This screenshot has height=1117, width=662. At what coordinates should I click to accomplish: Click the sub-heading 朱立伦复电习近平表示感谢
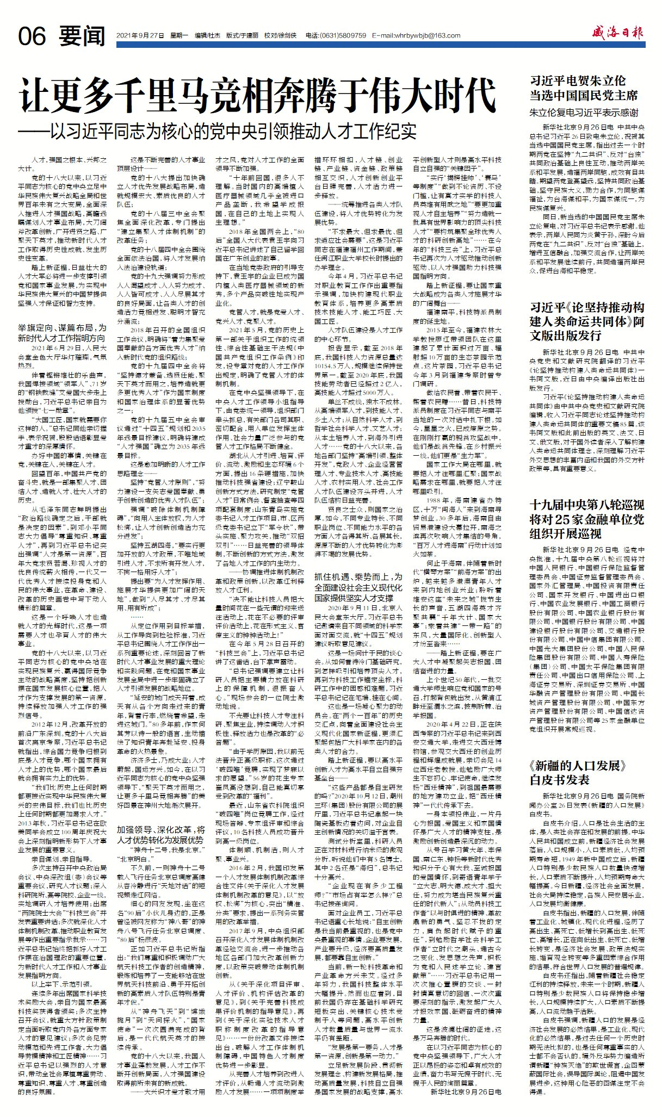(584, 114)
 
